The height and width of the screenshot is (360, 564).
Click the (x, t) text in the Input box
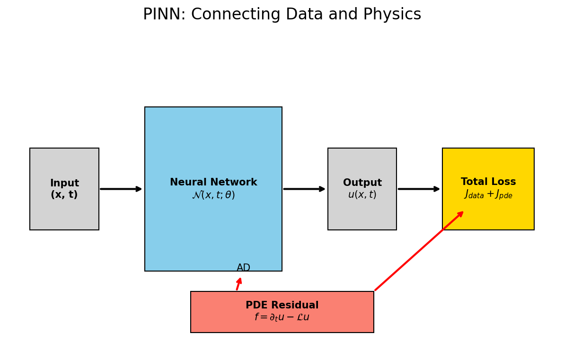[x=64, y=195]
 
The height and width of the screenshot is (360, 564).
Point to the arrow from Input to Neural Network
[x=121, y=189]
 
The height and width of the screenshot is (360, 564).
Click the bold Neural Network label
[x=213, y=183]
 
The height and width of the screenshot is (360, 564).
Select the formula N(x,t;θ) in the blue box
[x=213, y=195]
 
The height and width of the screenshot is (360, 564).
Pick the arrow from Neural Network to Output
[x=304, y=189]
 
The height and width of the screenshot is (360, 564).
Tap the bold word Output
[x=362, y=183]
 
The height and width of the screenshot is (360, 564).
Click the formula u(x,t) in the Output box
[x=362, y=195]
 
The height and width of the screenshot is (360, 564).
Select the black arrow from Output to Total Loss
[x=419, y=189]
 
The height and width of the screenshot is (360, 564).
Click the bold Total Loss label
[x=488, y=182]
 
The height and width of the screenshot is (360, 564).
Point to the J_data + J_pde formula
[x=488, y=194]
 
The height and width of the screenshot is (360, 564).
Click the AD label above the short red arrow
[x=243, y=268]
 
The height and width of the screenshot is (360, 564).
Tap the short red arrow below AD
[x=239, y=284]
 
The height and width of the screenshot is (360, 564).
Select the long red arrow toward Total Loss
[x=419, y=251]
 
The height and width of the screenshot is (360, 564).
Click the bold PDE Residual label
[x=282, y=306]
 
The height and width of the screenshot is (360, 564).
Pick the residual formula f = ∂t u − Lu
[x=282, y=317]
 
